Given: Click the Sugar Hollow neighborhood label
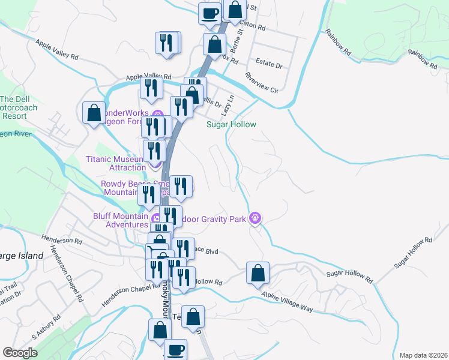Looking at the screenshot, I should coord(231,125).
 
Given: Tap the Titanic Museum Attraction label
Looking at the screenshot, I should coord(116,163).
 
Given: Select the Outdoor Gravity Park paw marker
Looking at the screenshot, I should coord(256,219).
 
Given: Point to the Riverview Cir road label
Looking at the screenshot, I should coord(262,83).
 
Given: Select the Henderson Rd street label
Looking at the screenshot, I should coord(62,241).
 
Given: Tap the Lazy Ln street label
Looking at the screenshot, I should coord(227,105).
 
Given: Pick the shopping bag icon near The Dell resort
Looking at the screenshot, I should coord(94,112).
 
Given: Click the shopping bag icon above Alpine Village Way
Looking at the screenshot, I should coord(258,273).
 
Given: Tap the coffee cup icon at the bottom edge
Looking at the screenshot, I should coord(175,349).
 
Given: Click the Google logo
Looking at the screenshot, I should coord(20,353).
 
